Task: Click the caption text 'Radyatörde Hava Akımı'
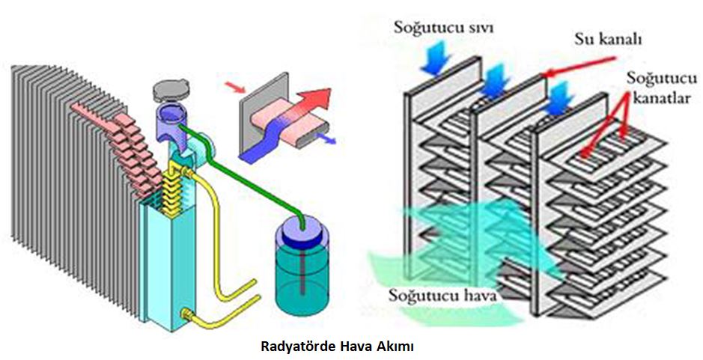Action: pyautogui.click(x=337, y=347)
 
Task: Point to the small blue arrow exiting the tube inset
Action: pyautogui.click(x=327, y=139)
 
